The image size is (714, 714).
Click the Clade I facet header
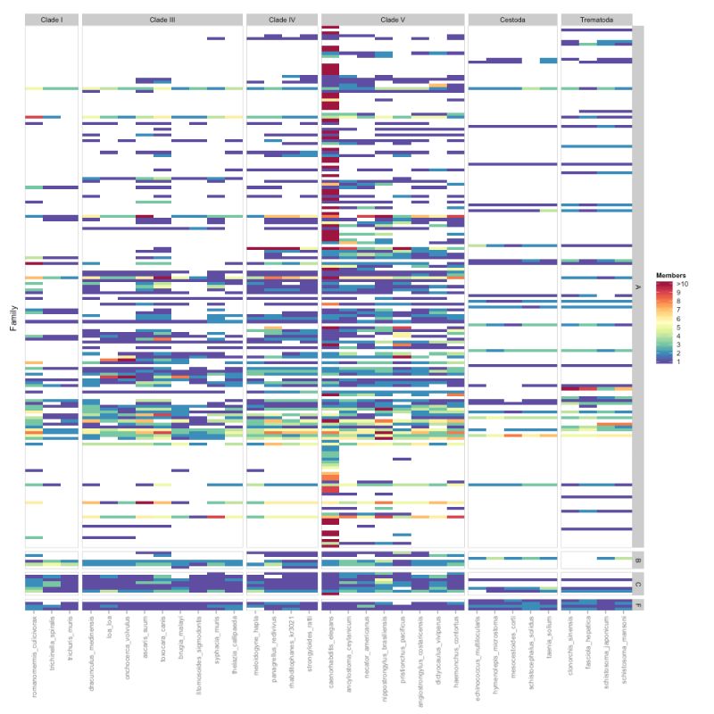[x=51, y=19]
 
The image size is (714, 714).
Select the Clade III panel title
[x=162, y=19]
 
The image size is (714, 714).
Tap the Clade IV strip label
[x=281, y=19]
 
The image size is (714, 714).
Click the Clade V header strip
[x=392, y=19]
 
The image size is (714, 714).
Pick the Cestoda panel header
[x=512, y=19]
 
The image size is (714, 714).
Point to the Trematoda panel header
[x=596, y=19]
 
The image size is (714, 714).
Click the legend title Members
[x=669, y=276]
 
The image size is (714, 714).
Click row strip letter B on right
[x=637, y=560]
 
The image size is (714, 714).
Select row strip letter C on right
[x=637, y=584]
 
